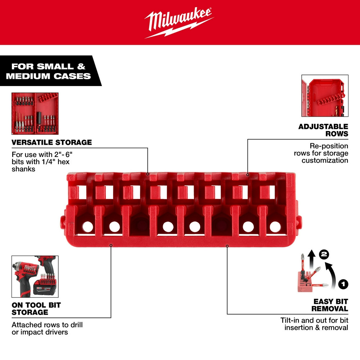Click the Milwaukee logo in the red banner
179,23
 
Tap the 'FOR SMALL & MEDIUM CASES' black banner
49,71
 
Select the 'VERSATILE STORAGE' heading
51,142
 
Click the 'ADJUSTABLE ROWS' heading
323,130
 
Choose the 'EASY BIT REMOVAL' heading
330,305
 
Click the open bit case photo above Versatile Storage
35,113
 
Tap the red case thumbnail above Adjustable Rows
325,95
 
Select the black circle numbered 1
343,284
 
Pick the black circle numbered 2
324,255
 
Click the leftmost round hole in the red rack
87,226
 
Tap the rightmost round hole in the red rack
275,226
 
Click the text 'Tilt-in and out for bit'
314,320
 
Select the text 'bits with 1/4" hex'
40,161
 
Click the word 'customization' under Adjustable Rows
325,160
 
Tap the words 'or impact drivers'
40,332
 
